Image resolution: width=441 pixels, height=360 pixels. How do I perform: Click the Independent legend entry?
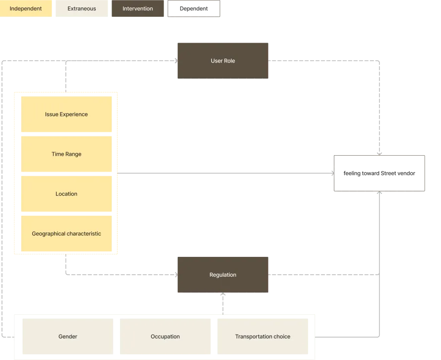pos(26,9)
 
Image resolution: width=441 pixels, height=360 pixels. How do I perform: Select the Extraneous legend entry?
pos(82,9)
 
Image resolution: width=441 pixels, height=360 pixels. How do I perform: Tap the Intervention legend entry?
pos(138,9)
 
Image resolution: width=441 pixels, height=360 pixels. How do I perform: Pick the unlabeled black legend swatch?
pos(194,10)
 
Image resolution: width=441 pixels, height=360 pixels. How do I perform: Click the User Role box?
pos(222,60)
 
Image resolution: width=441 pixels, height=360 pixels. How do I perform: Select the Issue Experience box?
pos(66,115)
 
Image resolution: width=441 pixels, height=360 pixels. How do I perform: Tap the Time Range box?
pos(66,154)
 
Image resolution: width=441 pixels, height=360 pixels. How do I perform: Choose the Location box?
pos(66,194)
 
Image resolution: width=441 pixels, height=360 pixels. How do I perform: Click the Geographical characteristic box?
pos(66,234)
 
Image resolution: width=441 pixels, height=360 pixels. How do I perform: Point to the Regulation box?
pos(223,275)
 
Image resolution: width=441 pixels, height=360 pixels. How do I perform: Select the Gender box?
pos(68,337)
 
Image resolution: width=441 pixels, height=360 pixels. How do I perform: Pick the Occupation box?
pos(165,337)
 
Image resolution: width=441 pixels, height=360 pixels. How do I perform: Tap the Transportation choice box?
pos(263,337)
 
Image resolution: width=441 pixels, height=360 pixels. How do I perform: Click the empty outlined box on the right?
pos(380,174)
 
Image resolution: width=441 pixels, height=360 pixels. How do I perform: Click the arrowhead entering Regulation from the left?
pos(175,274)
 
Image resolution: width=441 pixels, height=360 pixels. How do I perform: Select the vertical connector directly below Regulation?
pos(224,303)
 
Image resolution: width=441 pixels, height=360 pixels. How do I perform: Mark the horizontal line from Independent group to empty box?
pos(223,173)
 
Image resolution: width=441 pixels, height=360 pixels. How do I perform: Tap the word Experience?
pos(74,115)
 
